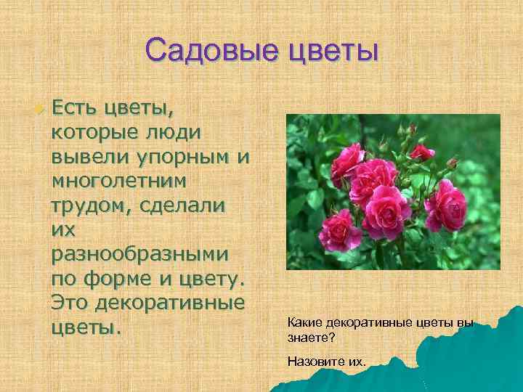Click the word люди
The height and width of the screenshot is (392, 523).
click(175, 134)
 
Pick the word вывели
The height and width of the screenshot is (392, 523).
click(86, 156)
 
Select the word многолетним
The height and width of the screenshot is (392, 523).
click(118, 178)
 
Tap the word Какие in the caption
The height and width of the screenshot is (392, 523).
click(304, 322)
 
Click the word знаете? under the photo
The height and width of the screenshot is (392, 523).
click(311, 338)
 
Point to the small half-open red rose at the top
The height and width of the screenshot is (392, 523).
click(421, 152)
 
